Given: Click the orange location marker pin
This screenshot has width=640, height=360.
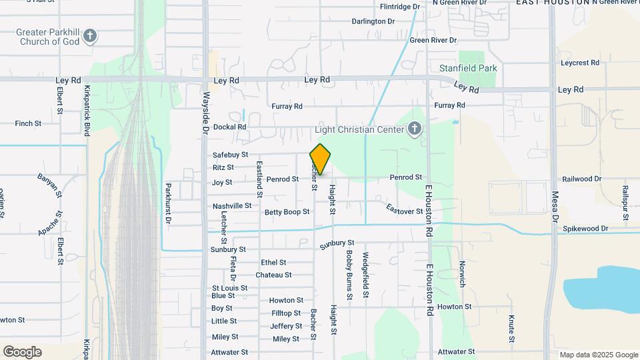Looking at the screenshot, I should [x=320, y=159].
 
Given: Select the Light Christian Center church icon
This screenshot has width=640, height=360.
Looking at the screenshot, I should [x=415, y=129].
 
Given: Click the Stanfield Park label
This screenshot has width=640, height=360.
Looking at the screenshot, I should [x=468, y=68].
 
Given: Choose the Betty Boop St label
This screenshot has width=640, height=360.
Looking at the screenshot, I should [x=287, y=212].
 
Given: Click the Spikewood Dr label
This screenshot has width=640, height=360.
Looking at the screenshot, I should [x=586, y=229].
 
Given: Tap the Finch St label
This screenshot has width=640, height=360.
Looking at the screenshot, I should [x=28, y=123].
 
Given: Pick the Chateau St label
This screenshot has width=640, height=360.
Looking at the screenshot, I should [x=273, y=275].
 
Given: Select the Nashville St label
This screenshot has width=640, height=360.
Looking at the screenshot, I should [x=232, y=206].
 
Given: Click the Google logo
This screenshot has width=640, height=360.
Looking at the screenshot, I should [x=22, y=352].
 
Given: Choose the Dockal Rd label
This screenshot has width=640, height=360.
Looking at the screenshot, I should [x=230, y=127].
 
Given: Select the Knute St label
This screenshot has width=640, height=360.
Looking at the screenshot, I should [x=511, y=327].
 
